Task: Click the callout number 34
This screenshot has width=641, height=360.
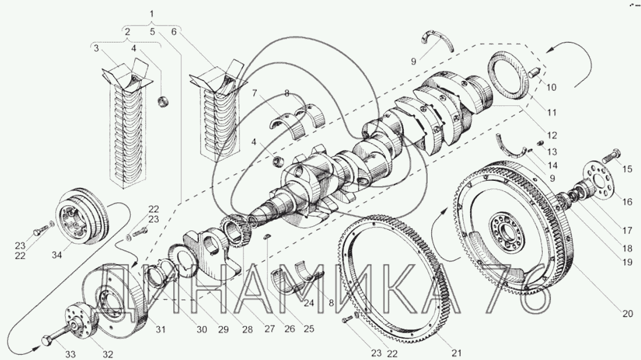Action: click(56, 255)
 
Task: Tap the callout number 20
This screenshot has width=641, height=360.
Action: click(628, 314)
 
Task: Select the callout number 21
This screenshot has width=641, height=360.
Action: click(456, 353)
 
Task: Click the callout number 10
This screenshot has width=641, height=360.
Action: click(551, 88)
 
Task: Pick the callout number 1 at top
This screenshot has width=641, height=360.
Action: click(152, 14)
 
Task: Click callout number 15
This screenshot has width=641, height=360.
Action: click(627, 169)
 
